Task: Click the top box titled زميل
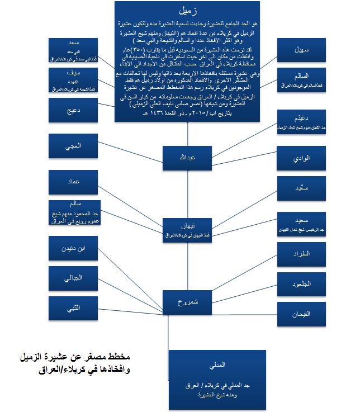(187, 61)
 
